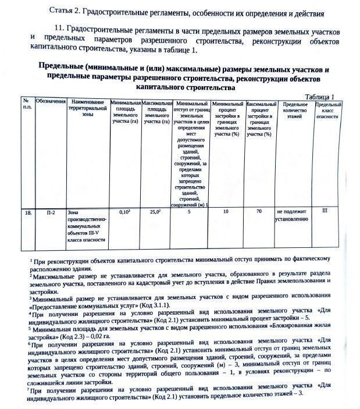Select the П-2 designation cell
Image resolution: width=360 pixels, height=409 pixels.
pos(51,213)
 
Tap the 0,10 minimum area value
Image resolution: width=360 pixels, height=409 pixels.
pos(124,212)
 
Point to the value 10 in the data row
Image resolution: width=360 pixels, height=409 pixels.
pos(226,212)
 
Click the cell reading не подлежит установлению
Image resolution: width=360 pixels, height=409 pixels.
pos(292,216)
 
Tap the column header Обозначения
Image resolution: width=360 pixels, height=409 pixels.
pos(51,103)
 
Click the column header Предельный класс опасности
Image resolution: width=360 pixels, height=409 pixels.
pos(328,109)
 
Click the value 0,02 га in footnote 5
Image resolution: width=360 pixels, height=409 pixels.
pos(102,336)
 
